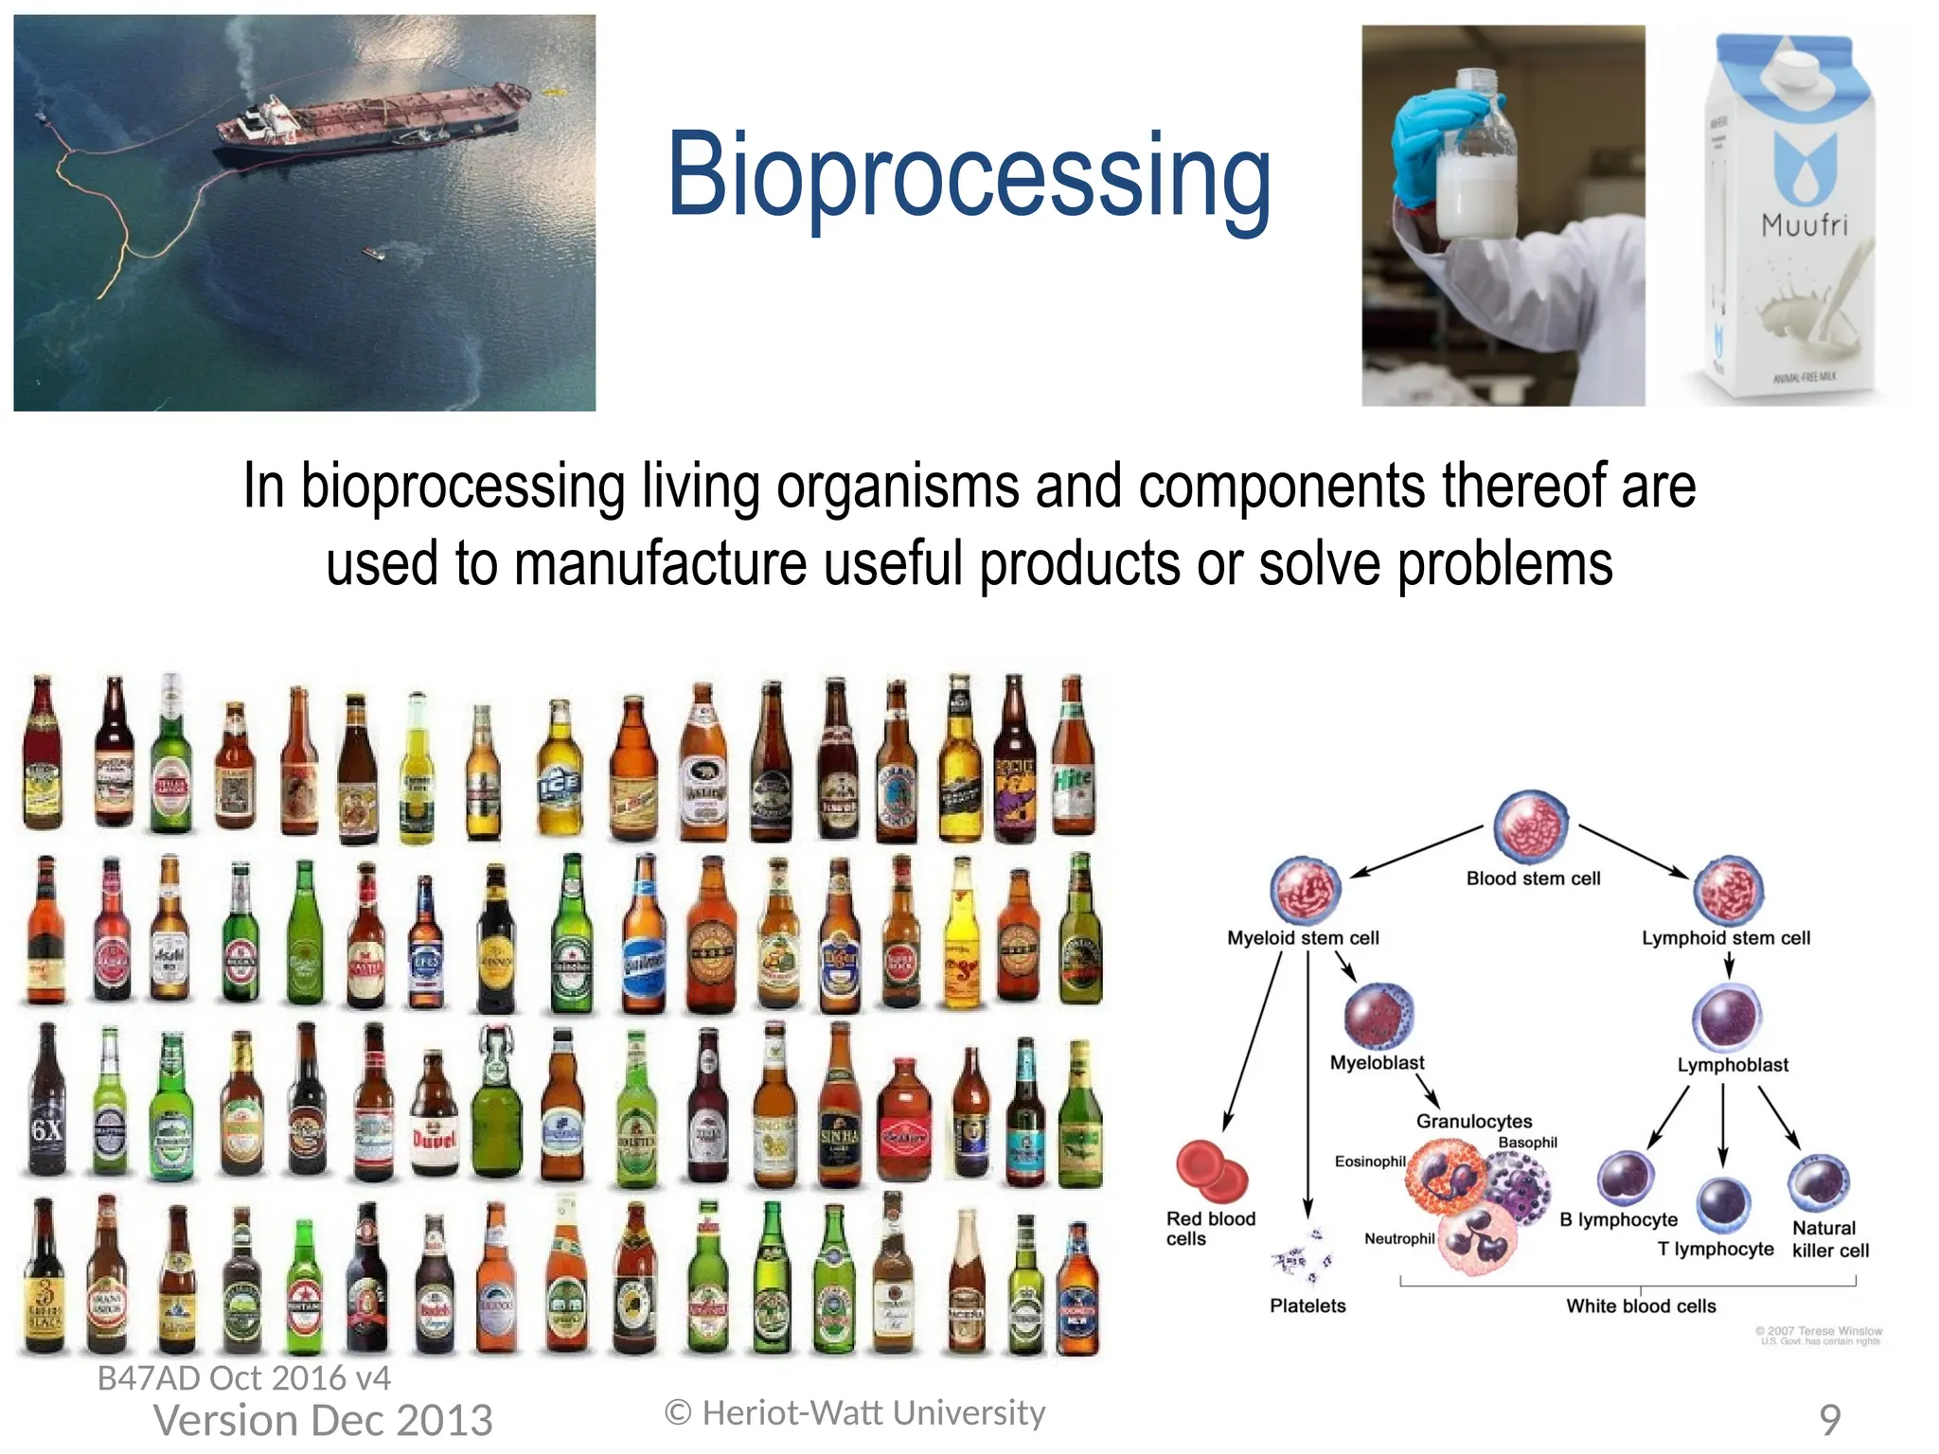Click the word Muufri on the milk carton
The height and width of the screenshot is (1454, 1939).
pos(1804,225)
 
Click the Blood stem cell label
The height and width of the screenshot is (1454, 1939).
pos(1532,878)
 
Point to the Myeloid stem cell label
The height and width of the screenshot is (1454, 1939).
pos(1302,938)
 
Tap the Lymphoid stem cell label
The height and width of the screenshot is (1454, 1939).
pos(1725,938)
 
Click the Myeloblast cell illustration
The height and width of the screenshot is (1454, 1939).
pos(1379,1015)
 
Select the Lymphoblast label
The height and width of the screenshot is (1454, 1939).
pos(1732,1065)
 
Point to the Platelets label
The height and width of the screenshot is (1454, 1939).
pos(1307,1306)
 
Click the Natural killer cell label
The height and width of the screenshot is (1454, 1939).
pos(1829,1239)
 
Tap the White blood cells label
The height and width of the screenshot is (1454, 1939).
pos(1640,1306)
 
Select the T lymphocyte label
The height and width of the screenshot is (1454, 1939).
pos(1715,1250)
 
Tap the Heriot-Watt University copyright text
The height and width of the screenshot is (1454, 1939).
pos(855,1413)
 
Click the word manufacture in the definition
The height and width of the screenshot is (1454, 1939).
pos(660,564)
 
